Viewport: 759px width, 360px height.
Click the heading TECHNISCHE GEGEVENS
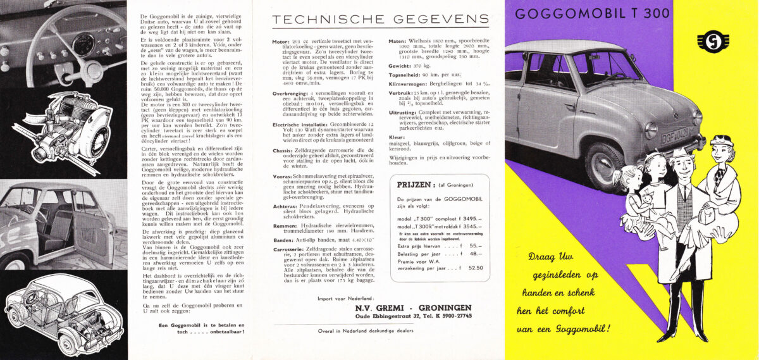tap(380, 20)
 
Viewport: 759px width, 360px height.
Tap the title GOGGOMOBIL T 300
tap(593, 14)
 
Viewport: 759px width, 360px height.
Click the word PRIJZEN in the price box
tap(415, 185)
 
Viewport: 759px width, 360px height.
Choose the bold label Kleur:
tap(397, 136)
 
